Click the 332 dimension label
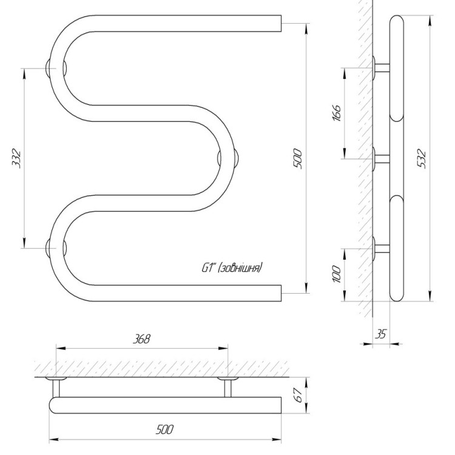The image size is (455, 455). [x=16, y=158]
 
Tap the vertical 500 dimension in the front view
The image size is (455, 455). [x=298, y=158]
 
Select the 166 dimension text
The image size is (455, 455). [x=337, y=113]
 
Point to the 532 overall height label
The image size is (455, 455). [x=421, y=158]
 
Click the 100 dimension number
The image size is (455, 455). [x=337, y=274]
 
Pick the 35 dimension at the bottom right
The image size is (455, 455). [x=381, y=334]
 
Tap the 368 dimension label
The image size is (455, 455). [x=141, y=339]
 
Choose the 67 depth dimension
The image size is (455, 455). [x=298, y=395]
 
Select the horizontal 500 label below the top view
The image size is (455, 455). [x=165, y=430]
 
